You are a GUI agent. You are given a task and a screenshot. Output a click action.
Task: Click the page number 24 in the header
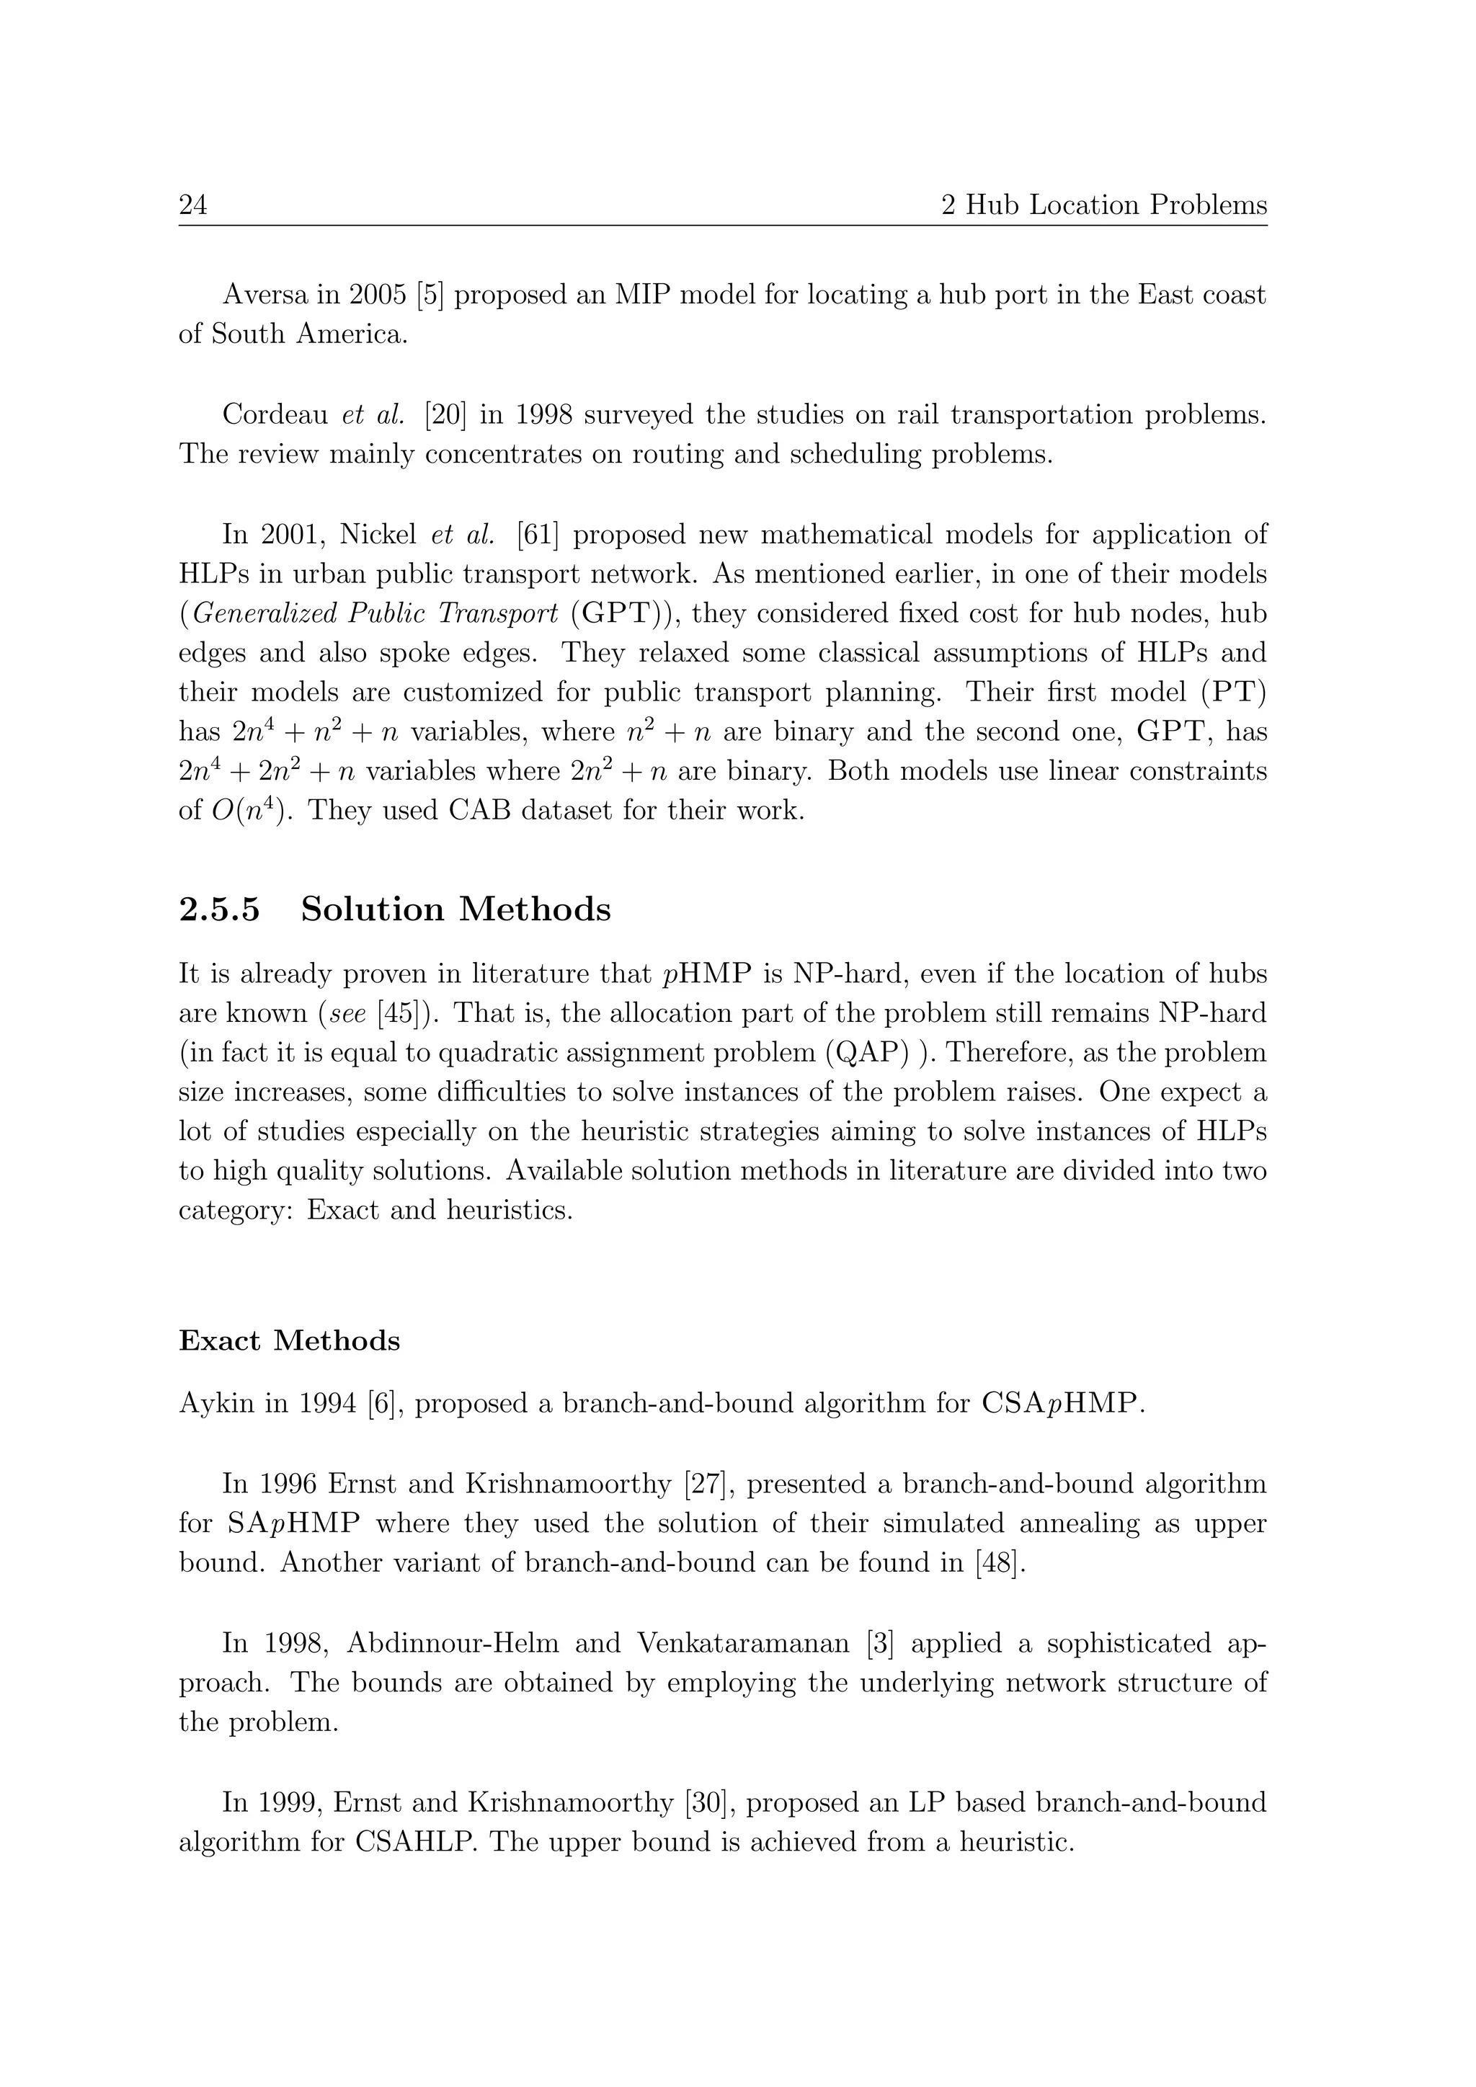pyautogui.click(x=192, y=205)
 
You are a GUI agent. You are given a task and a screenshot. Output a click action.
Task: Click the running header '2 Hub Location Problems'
pyautogui.click(x=1103, y=205)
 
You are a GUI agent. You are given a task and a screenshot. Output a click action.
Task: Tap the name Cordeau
pyautogui.click(x=275, y=414)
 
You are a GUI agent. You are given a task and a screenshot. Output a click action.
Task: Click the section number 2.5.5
pyautogui.click(x=219, y=910)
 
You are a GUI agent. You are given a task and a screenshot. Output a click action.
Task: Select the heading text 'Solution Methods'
pyautogui.click(x=455, y=910)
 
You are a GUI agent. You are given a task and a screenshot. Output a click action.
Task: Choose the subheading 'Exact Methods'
pyautogui.click(x=289, y=1340)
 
